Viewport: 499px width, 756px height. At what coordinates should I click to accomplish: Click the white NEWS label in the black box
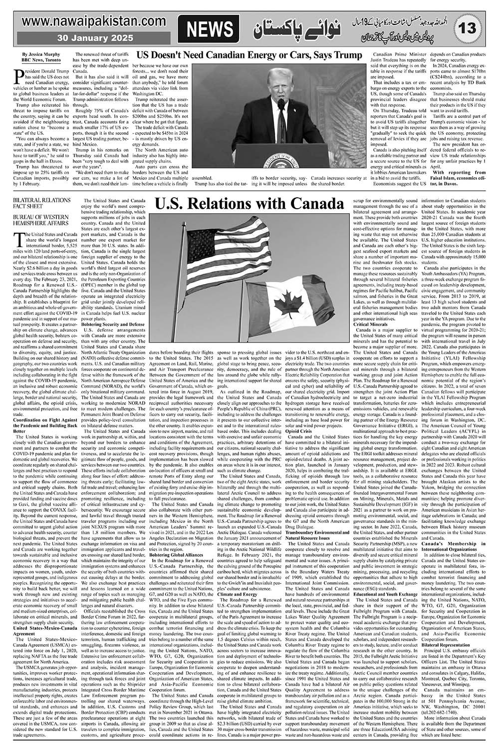pyautogui.click(x=210, y=29)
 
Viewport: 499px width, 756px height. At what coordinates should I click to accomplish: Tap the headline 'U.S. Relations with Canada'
pyautogui.click(x=249, y=204)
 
